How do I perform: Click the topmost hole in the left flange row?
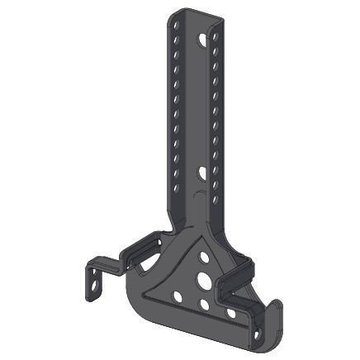tap(176, 26)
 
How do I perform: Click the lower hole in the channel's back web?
tap(203, 173)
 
